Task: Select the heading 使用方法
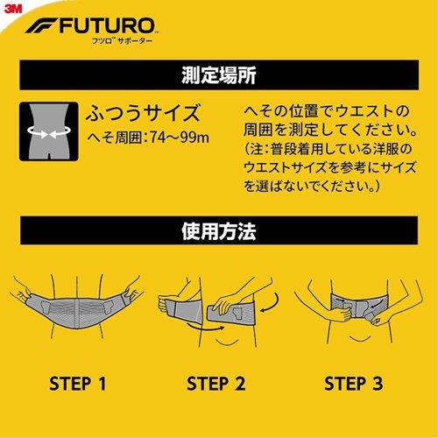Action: [218, 234]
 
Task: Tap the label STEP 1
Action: [78, 383]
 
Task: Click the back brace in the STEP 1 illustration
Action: [77, 307]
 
